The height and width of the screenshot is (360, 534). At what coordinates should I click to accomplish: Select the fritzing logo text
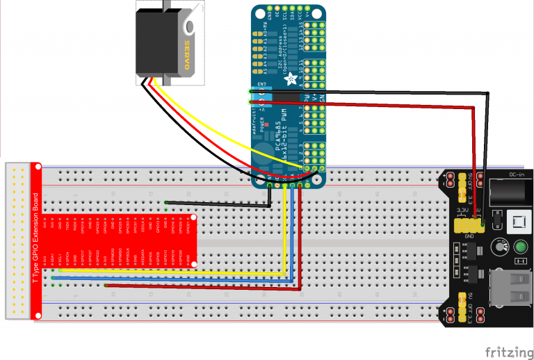pos(505,351)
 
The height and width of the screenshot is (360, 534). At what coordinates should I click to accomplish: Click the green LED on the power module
pos(520,247)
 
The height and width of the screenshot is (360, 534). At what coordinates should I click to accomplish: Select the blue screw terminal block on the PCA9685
pos(286,99)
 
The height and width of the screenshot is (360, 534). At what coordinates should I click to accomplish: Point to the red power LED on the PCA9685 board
pos(267,126)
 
